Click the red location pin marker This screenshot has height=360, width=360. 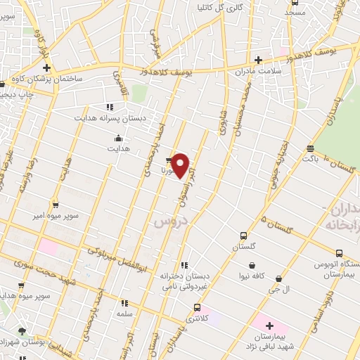(181, 165)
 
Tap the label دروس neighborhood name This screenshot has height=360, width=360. (167, 221)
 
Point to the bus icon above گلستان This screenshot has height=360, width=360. (243, 236)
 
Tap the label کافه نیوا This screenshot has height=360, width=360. (251, 276)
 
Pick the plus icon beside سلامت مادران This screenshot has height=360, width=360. (258, 60)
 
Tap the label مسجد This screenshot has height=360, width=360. (295, 13)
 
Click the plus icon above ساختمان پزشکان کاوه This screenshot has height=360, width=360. (46, 68)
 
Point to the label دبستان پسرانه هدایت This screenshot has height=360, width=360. (112, 119)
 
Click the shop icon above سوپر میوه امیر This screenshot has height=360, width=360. (56, 205)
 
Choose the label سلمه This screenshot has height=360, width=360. (125, 312)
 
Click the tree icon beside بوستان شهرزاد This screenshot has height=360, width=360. (22, 331)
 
